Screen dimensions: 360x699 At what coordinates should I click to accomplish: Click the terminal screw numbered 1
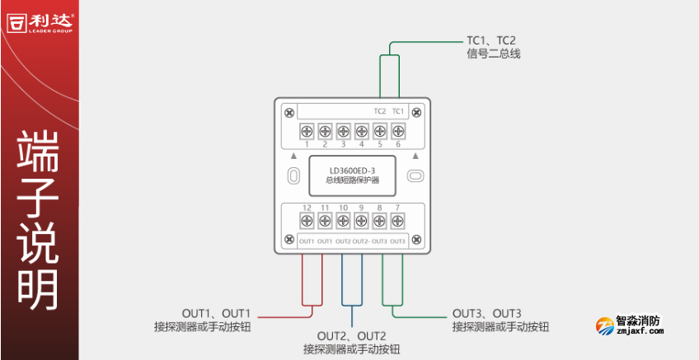306,130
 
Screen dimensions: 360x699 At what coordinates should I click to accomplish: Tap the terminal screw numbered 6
397,130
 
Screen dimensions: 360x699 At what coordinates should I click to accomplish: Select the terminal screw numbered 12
306,220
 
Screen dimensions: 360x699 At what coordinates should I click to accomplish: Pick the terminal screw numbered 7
397,220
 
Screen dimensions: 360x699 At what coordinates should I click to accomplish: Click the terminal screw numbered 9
361,220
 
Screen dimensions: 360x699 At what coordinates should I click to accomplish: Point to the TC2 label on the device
379,111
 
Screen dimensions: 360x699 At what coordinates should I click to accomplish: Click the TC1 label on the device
397,111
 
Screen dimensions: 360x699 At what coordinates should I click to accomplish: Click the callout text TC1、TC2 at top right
491,40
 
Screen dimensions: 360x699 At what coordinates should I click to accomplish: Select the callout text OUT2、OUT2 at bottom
351,336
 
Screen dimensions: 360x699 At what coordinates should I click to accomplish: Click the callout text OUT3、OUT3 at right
487,314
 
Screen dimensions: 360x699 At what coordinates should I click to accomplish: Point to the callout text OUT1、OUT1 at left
215,314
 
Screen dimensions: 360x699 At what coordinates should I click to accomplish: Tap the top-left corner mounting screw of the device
288,111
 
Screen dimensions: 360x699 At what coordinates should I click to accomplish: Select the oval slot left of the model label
292,175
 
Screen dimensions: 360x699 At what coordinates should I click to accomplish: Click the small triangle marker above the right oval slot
415,155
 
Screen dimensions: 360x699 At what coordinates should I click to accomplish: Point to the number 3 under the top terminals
343,144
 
